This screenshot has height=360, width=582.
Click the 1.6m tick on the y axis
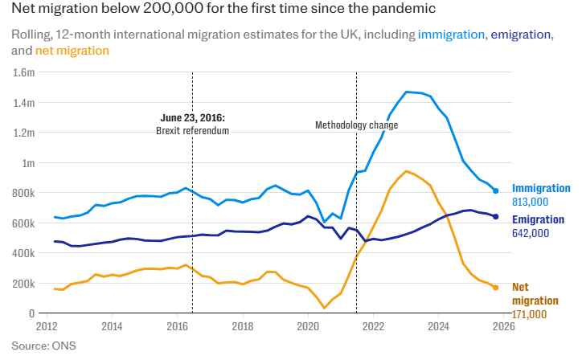(x=24, y=72)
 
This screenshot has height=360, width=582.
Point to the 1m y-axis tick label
(x=28, y=163)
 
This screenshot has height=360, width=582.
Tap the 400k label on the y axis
(x=24, y=253)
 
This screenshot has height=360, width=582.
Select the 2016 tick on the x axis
(x=177, y=326)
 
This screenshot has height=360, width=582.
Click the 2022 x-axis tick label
(x=373, y=326)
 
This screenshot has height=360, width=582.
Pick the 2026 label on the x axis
(x=504, y=326)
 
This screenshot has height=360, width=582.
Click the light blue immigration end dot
(x=495, y=190)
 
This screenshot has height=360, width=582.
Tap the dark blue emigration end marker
(x=495, y=217)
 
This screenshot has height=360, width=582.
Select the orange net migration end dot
(x=495, y=288)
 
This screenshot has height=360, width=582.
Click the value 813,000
(x=530, y=202)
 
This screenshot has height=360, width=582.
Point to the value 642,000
(x=531, y=233)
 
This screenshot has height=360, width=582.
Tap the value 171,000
(x=529, y=314)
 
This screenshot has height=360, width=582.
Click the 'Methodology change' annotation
(x=357, y=125)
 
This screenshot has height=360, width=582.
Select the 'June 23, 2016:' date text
(x=193, y=118)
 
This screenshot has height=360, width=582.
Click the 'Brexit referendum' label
(x=192, y=131)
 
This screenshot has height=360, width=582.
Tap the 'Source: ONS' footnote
(x=43, y=346)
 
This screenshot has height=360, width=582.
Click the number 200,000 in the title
(x=173, y=8)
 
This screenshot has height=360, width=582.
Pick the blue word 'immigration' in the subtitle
(x=451, y=35)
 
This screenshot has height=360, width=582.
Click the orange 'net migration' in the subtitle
(x=72, y=51)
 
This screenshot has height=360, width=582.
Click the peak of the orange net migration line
(x=407, y=171)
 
